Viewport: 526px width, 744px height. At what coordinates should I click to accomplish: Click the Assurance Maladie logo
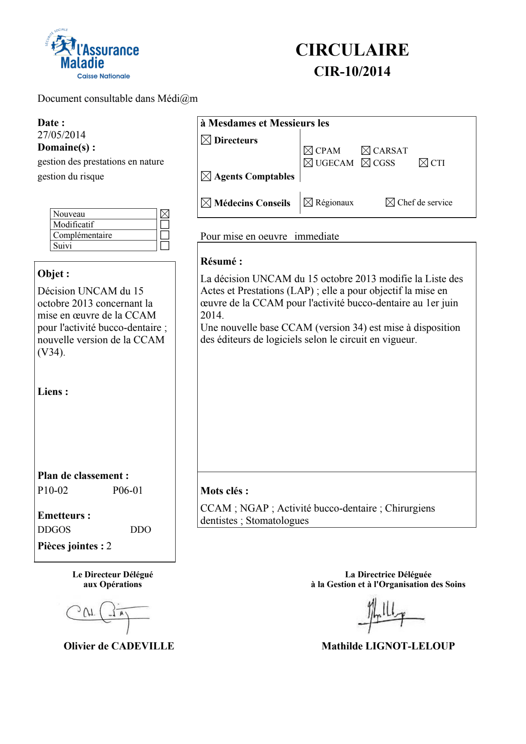pyautogui.click(x=92, y=55)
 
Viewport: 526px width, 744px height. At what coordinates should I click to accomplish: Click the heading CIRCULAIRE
pyautogui.click(x=352, y=50)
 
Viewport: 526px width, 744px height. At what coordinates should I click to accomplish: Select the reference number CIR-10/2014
pyautogui.click(x=352, y=71)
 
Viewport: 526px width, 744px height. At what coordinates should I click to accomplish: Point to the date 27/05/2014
pyautogui.click(x=62, y=135)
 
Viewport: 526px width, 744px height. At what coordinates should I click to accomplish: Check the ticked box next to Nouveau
pyautogui.click(x=165, y=214)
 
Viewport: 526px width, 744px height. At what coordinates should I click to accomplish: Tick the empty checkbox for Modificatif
pyautogui.click(x=165, y=224)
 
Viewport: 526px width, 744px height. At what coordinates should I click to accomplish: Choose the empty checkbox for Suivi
pyautogui.click(x=165, y=246)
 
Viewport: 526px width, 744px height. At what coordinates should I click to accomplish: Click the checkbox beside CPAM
pyautogui.click(x=308, y=151)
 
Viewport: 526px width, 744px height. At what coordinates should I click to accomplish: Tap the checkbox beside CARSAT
pyautogui.click(x=366, y=151)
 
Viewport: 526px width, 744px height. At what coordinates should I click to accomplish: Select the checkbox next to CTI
pyautogui.click(x=423, y=163)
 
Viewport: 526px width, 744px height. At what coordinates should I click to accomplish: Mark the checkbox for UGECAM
pyautogui.click(x=308, y=163)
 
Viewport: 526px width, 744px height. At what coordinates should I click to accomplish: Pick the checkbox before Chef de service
pyautogui.click(x=390, y=202)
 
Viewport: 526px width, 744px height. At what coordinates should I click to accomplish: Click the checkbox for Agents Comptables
pyautogui.click(x=206, y=176)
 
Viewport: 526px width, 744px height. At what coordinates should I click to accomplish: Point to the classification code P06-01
pyautogui.click(x=128, y=490)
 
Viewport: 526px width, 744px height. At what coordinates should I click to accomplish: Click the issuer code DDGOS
pyautogui.click(x=54, y=530)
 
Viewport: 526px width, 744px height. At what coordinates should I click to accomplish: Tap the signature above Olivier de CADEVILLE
pyautogui.click(x=108, y=614)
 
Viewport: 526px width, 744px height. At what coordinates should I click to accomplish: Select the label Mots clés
pyautogui.click(x=224, y=491)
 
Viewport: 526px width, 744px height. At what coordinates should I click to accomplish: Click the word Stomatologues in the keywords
pyautogui.click(x=277, y=520)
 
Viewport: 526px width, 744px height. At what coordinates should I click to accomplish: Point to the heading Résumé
pyautogui.click(x=221, y=261)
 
